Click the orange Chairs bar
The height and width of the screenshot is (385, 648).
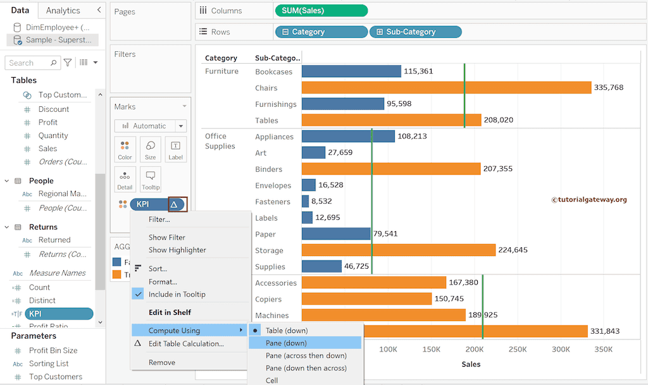tap(446, 87)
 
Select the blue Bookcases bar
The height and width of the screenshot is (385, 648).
tap(351, 71)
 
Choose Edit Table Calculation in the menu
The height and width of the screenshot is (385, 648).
tap(186, 344)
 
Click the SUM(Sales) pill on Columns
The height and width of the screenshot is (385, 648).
tap(321, 11)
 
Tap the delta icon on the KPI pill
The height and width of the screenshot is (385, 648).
tap(174, 204)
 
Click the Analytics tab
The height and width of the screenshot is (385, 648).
tap(63, 11)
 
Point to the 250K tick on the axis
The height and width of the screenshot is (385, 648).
tap(518, 349)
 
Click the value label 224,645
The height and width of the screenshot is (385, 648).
tap(513, 250)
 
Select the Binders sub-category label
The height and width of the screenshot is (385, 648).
tap(268, 169)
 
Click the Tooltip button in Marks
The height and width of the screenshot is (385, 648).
tap(151, 180)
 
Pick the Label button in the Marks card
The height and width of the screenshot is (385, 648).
tap(175, 149)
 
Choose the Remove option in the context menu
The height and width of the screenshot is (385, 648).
tap(161, 362)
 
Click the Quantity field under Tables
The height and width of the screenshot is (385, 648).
tap(53, 135)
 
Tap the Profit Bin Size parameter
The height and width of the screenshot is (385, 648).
tap(53, 350)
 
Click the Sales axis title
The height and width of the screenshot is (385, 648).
tap(471, 364)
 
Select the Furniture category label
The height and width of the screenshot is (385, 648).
tap(221, 71)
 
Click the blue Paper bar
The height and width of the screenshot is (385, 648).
tap(336, 234)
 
